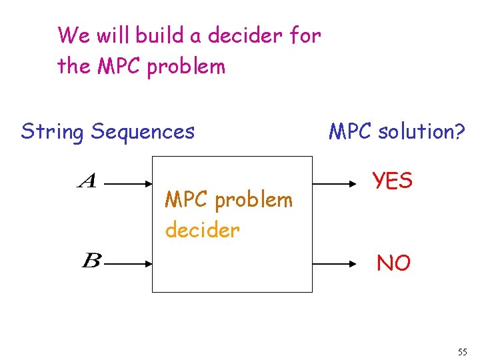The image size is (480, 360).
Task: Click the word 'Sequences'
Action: click(x=143, y=132)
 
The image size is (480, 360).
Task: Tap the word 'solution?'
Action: click(x=421, y=132)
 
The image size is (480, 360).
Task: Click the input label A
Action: click(x=88, y=181)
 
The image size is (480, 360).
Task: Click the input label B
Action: click(x=91, y=261)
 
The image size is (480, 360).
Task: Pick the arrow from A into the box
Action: click(x=129, y=181)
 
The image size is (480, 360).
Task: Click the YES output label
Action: click(x=393, y=180)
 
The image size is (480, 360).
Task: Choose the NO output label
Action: click(x=393, y=263)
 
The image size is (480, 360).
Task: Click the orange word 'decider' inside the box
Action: click(x=202, y=230)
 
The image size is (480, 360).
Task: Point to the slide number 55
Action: click(x=463, y=351)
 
